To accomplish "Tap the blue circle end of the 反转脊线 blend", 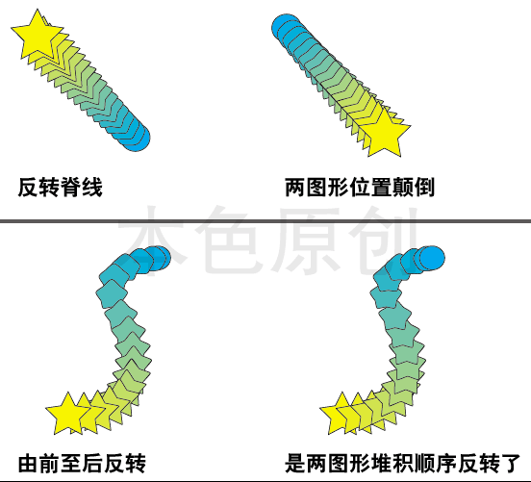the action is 137,138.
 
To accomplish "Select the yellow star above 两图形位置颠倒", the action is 385,134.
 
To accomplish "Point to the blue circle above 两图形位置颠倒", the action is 285,28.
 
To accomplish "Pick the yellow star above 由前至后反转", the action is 67,415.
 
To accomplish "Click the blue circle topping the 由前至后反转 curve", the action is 159,258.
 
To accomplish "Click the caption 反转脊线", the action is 61,187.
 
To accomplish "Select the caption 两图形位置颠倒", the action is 360,187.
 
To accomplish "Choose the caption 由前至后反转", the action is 82,464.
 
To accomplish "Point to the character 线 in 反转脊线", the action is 92,187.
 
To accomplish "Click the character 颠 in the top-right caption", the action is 403,187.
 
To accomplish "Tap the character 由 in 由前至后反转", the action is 29,464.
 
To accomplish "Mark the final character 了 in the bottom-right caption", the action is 510,464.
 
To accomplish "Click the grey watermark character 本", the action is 152,239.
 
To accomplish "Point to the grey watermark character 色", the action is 230,239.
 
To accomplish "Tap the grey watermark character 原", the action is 308,239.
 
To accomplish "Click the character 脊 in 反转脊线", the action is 71,187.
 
